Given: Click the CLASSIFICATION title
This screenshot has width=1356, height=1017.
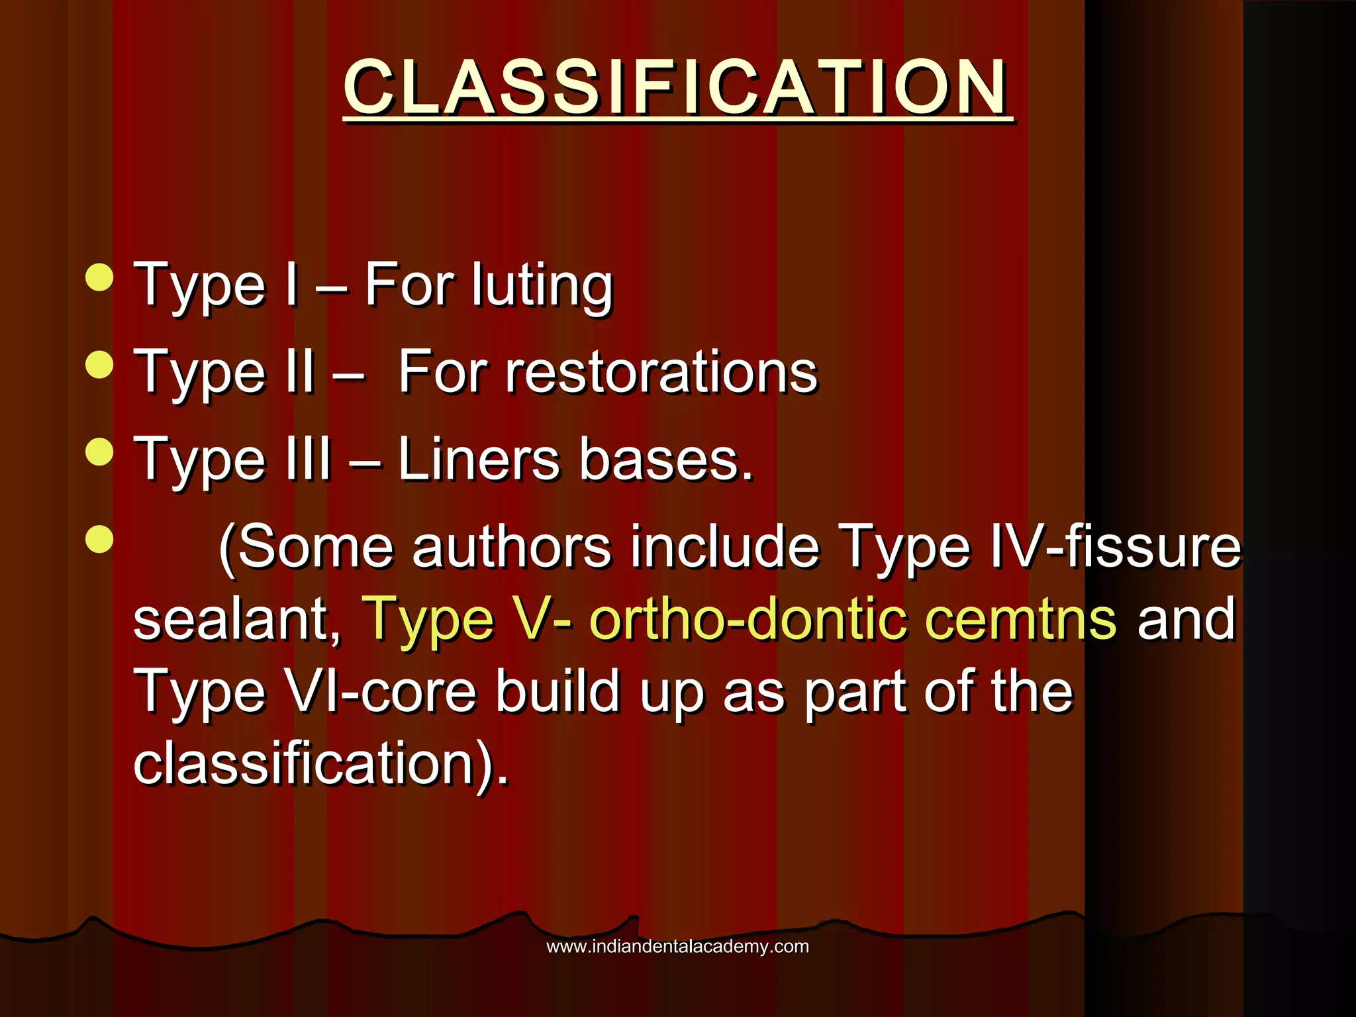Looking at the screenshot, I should click(x=677, y=87).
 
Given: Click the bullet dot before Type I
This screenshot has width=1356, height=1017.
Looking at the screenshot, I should click(x=100, y=277).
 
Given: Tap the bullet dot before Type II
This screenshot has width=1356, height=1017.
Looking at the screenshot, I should click(x=100, y=365).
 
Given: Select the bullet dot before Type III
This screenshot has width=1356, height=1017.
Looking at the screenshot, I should click(x=100, y=452).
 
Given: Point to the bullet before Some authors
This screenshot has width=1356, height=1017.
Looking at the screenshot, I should click(x=100, y=539).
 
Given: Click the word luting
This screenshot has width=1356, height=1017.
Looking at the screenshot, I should click(x=542, y=286).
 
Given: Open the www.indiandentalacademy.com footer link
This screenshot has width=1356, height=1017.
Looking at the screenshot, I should click(x=677, y=946).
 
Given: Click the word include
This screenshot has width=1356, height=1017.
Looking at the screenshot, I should click(x=724, y=548).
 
